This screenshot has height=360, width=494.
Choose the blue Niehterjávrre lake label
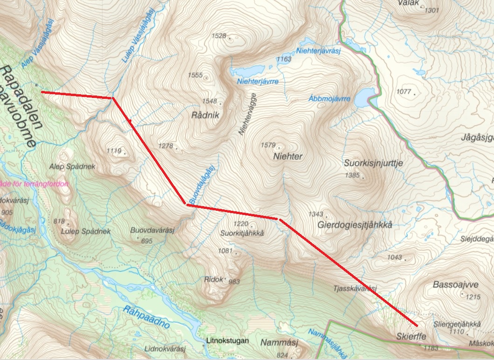pyautogui.click(x=258, y=81)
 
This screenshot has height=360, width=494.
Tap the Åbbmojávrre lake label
pyautogui.click(x=329, y=99)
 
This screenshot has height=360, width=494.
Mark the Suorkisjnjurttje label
pyautogui.click(x=373, y=163)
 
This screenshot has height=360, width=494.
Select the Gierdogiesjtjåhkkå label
pyautogui.click(x=355, y=225)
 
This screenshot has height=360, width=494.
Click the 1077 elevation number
pyautogui.click(x=403, y=91)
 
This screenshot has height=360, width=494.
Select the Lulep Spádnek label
pyautogui.click(x=85, y=231)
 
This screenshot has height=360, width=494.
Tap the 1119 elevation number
pyautogui.click(x=114, y=151)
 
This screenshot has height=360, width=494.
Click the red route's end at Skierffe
pyautogui.click(x=416, y=325)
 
